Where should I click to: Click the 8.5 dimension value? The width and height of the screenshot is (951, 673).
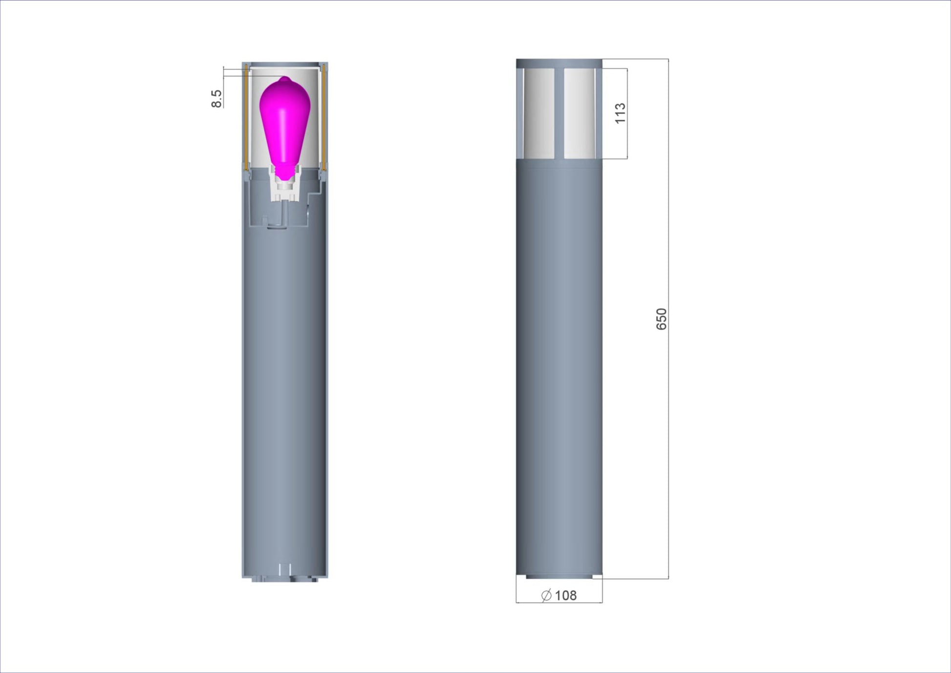216,98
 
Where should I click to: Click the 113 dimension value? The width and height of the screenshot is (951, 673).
620,113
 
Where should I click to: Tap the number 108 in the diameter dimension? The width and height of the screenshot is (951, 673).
566,595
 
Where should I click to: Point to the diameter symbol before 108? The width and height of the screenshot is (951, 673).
546,595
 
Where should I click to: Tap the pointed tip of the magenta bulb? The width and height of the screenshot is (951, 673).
285,78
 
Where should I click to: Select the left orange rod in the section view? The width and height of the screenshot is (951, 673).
246,117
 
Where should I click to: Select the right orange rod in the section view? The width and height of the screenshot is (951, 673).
324,117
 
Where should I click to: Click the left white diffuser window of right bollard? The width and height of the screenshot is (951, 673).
539,113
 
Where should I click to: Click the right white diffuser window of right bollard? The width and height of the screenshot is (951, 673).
579,113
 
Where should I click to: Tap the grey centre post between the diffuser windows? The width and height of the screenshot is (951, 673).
559,113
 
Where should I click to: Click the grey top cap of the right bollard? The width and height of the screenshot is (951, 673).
559,63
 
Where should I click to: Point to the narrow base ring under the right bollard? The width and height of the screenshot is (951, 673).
559,577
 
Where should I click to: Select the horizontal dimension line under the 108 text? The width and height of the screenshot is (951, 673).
559,603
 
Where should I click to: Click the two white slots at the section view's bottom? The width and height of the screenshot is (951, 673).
285,569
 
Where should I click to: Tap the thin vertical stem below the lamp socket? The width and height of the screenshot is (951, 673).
282,213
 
